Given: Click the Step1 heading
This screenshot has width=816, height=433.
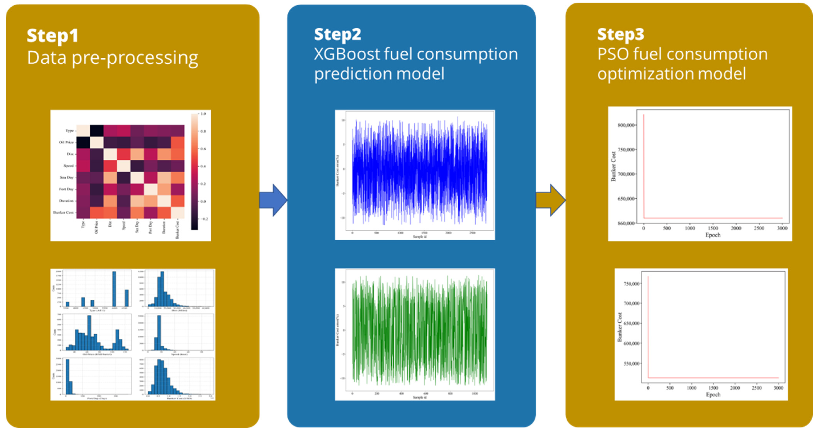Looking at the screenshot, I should [52, 36].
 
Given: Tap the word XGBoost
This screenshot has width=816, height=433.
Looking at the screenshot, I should [347, 54].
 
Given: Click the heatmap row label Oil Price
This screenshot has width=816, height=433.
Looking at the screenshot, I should [66, 142].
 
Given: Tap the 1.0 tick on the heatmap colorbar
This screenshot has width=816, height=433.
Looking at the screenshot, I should [203, 113].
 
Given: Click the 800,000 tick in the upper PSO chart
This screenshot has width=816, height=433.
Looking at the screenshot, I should [626, 125].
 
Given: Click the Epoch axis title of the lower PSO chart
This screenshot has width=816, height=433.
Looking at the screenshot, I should [713, 395].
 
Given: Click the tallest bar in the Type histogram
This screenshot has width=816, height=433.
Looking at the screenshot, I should [114, 288].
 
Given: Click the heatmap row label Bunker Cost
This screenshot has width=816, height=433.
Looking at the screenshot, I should [63, 212].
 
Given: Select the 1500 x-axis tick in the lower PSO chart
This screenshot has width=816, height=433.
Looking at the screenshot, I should [713, 388].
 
